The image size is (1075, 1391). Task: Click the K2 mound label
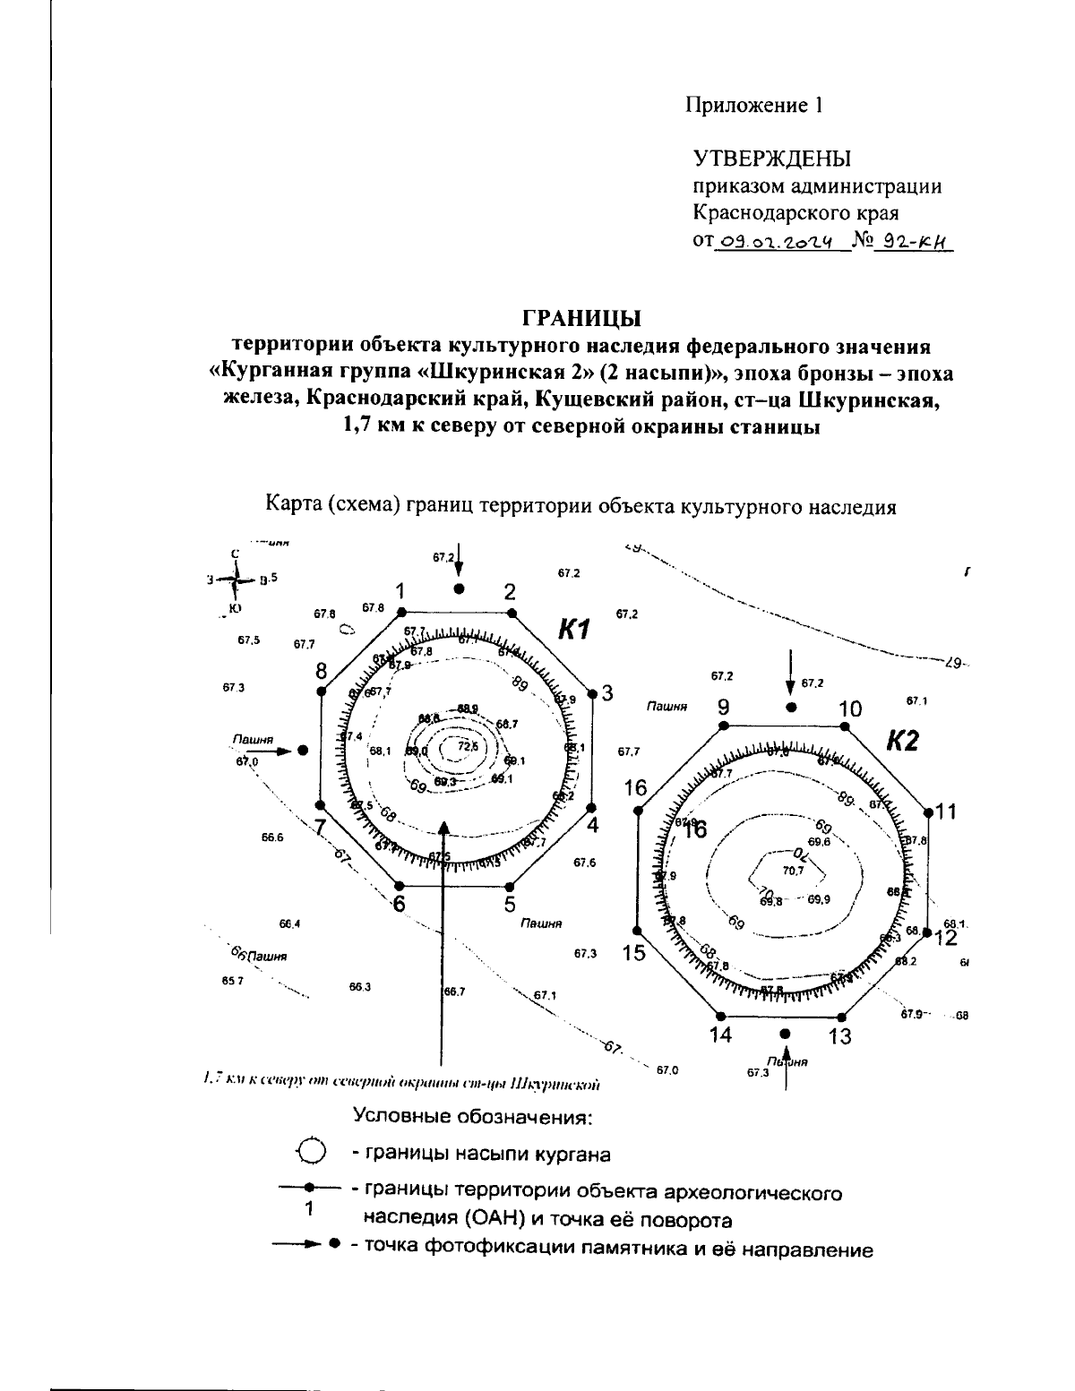tap(902, 742)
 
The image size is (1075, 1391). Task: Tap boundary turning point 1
tap(402, 612)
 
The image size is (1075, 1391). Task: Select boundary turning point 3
tap(592, 693)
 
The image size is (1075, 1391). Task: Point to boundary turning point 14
tap(719, 1016)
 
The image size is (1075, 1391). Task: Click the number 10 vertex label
tap(850, 709)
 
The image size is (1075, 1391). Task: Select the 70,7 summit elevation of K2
tap(793, 870)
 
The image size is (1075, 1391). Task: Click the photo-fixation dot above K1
tap(460, 588)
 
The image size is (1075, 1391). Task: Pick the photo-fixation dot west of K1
tap(303, 751)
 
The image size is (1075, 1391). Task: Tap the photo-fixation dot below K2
tap(786, 1034)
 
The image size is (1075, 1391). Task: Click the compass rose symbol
tap(236, 580)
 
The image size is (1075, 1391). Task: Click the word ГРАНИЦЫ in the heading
tap(581, 318)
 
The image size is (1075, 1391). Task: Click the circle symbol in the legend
tap(310, 1151)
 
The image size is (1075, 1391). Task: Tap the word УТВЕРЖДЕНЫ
tap(772, 159)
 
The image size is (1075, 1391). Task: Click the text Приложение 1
tap(754, 105)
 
